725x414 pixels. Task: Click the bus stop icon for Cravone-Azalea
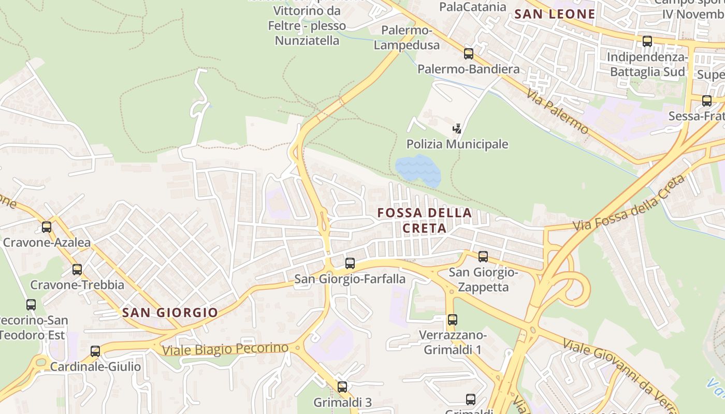pyautogui.click(x=47, y=227)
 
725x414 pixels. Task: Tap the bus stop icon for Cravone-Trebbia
pyautogui.click(x=77, y=269)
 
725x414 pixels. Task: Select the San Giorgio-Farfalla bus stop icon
pyautogui.click(x=350, y=263)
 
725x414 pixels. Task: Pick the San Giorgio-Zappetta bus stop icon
pyautogui.click(x=483, y=256)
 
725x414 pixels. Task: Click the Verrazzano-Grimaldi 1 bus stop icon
pyautogui.click(x=453, y=320)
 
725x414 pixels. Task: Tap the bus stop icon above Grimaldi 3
pyautogui.click(x=342, y=387)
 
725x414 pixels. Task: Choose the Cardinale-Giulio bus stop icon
pyautogui.click(x=95, y=351)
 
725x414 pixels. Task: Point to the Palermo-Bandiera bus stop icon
pyautogui.click(x=469, y=53)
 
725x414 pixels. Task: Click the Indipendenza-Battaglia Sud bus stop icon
pyautogui.click(x=647, y=41)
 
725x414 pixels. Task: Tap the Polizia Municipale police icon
pyautogui.click(x=457, y=128)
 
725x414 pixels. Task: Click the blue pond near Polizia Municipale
pyautogui.click(x=417, y=170)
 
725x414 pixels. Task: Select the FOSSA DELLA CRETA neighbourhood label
pyautogui.click(x=425, y=220)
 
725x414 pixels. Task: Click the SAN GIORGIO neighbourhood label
pyautogui.click(x=170, y=313)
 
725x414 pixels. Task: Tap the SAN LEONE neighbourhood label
pyautogui.click(x=555, y=14)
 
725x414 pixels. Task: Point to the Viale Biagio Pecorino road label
pyautogui.click(x=225, y=349)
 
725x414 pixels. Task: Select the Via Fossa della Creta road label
pyautogui.click(x=629, y=203)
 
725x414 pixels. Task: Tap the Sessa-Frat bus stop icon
pyautogui.click(x=707, y=101)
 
